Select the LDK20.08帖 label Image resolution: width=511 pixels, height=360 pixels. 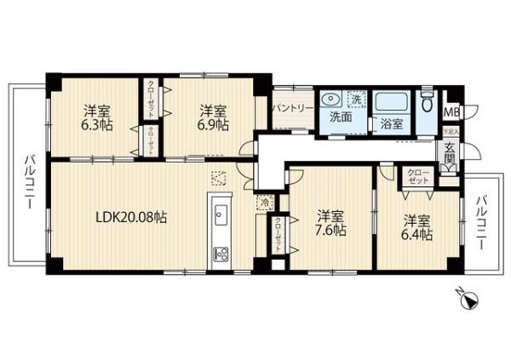129,217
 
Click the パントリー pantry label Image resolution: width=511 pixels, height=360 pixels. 290,110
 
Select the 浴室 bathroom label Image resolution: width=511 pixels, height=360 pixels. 392,123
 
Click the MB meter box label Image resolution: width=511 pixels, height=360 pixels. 451,111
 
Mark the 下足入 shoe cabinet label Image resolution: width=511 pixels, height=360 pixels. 451,134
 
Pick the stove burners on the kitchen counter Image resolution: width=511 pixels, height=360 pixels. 221,253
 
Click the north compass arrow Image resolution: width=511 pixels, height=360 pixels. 468,297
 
